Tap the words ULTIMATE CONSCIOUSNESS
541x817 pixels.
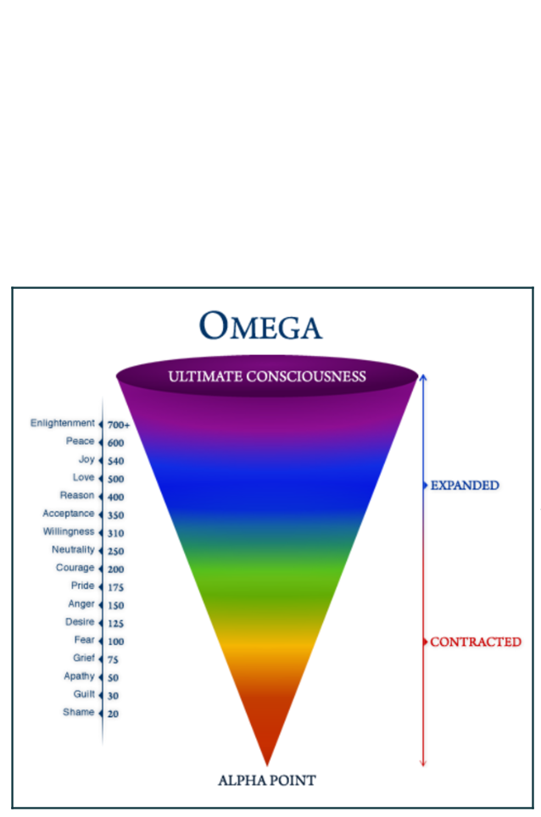[267, 375]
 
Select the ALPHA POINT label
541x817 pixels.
[267, 780]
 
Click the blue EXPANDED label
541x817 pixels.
[465, 486]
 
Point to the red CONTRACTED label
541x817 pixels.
[476, 642]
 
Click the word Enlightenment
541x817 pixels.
[63, 423]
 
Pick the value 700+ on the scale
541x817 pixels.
[118, 425]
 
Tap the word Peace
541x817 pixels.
[81, 442]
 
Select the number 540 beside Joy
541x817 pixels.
[115, 461]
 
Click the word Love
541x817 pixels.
[83, 477]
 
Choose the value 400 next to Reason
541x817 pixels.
[115, 497]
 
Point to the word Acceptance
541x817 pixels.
[69, 514]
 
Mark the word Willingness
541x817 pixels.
[69, 531]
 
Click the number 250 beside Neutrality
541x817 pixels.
[115, 552]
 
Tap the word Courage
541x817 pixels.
[75, 568]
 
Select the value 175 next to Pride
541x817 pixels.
[115, 587]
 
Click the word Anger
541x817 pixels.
[81, 604]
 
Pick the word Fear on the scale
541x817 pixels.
[84, 640]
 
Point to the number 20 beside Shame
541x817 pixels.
[113, 714]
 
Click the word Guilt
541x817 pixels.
[84, 694]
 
